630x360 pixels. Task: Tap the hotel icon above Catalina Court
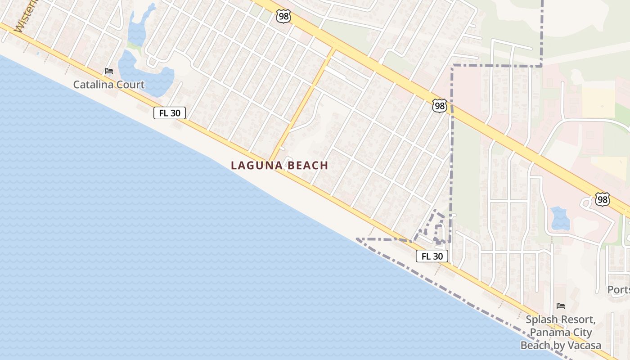(108, 71)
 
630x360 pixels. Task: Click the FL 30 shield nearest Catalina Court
(170, 113)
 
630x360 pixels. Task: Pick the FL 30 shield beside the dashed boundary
(432, 256)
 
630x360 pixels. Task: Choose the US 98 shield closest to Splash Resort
(602, 199)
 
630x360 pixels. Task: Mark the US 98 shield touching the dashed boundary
(440, 106)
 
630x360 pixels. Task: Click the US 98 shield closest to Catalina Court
(283, 17)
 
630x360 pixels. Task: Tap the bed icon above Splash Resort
(561, 306)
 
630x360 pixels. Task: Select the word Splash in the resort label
(542, 320)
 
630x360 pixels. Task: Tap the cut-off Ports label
(618, 289)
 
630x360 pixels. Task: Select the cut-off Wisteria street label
(25, 18)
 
